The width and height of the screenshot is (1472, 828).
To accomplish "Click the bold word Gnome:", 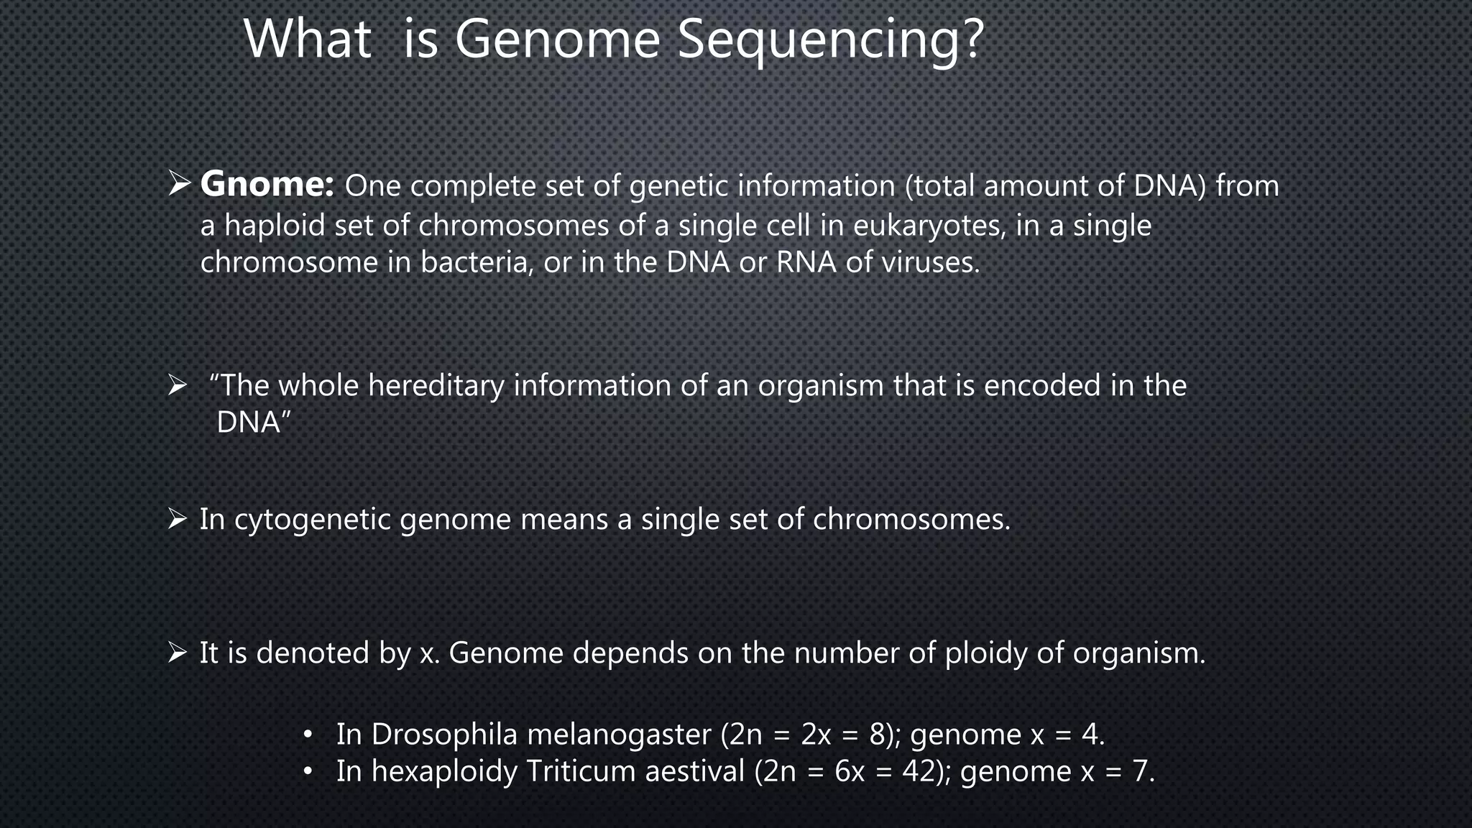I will (267, 185).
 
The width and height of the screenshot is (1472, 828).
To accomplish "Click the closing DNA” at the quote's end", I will (253, 423).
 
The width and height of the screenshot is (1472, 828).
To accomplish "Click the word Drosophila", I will (444, 735).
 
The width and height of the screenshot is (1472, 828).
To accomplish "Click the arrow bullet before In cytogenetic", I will (177, 518).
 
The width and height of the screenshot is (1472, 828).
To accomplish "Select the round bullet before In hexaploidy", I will (308, 772).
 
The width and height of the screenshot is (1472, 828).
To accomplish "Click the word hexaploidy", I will (444, 772).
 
